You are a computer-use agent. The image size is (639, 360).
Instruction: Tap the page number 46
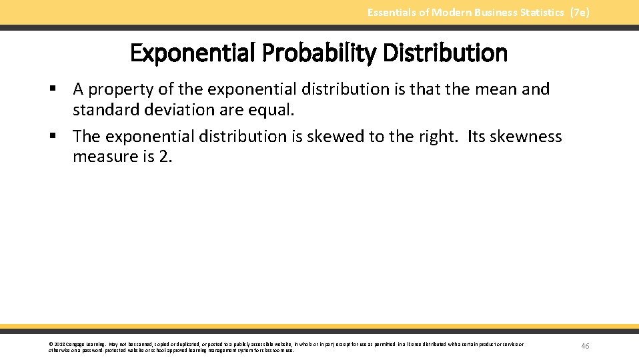(x=585, y=345)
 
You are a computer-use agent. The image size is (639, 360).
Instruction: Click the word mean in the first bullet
(x=496, y=89)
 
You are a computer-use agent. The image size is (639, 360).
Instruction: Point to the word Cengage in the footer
(x=75, y=344)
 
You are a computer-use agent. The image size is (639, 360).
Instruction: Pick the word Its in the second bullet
(x=476, y=137)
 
